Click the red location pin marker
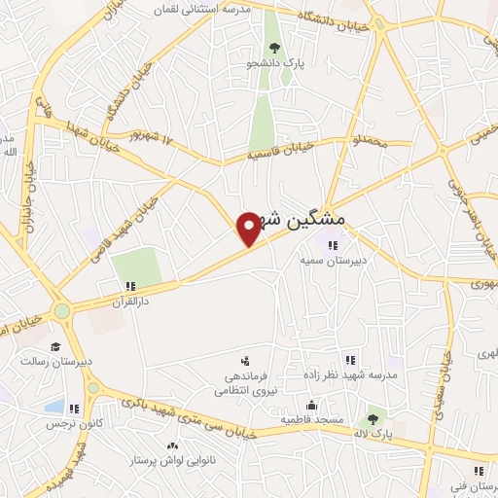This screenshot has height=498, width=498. point(249,228)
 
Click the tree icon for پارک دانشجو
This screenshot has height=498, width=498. point(274,47)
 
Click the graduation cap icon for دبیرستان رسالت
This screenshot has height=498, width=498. point(55,346)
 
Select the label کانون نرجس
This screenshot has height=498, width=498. point(64,424)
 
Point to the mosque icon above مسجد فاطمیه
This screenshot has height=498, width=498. point(311,405)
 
